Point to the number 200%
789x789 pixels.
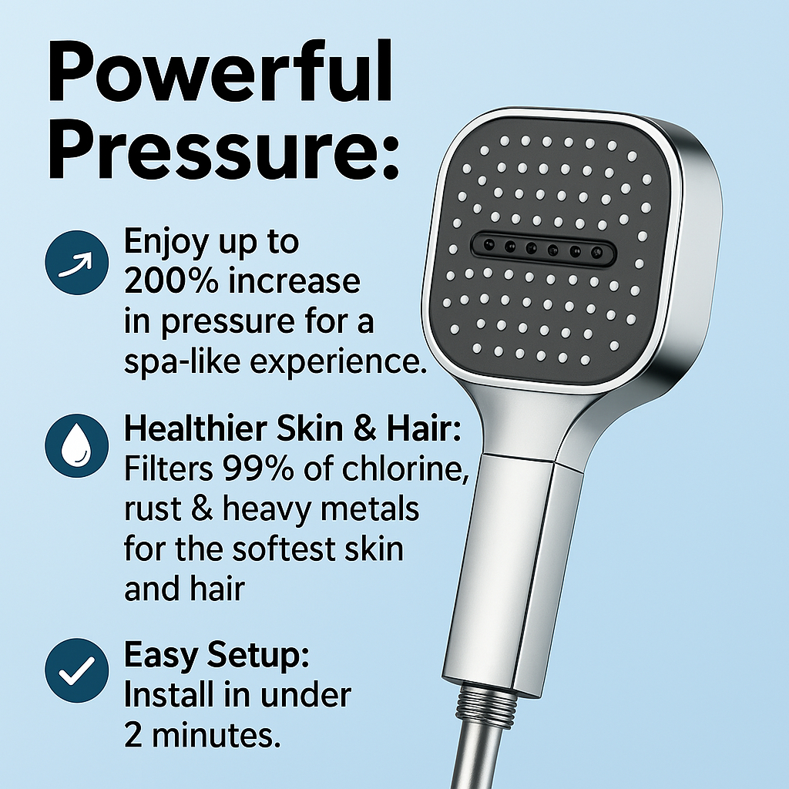point(166,282)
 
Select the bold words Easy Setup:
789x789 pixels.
point(217,656)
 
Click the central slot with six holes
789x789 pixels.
point(537,248)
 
